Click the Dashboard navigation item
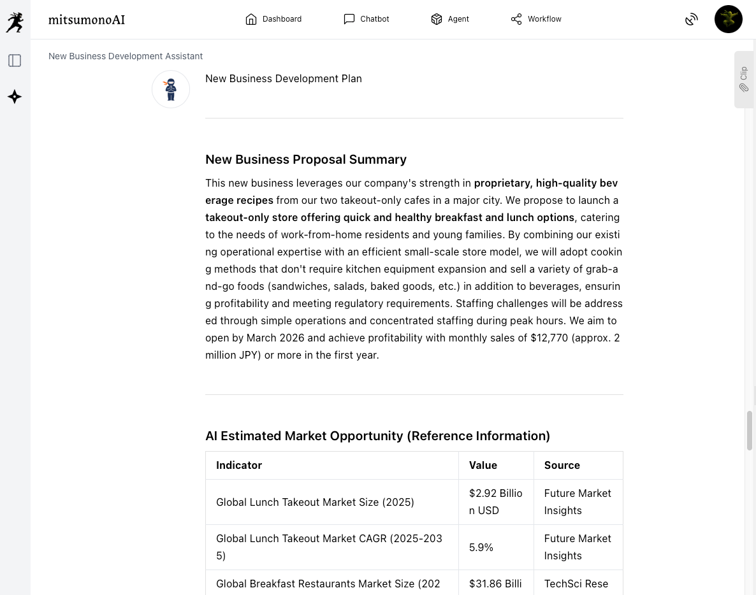[273, 19]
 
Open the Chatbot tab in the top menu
[366, 19]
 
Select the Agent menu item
[449, 19]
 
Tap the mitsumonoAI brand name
[87, 20]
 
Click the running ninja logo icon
[15, 22]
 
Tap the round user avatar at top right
[728, 19]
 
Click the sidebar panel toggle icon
[15, 61]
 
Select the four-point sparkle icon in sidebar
[15, 97]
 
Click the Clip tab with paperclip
[744, 80]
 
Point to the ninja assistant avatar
[171, 89]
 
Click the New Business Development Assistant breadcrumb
[126, 56]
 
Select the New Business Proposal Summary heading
[306, 159]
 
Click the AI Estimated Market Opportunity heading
[377, 436]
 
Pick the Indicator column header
[239, 465]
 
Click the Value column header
[483, 465]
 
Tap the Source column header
[562, 465]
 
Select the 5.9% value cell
[481, 547]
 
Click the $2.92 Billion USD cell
[495, 502]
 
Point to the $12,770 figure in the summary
[549, 338]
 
